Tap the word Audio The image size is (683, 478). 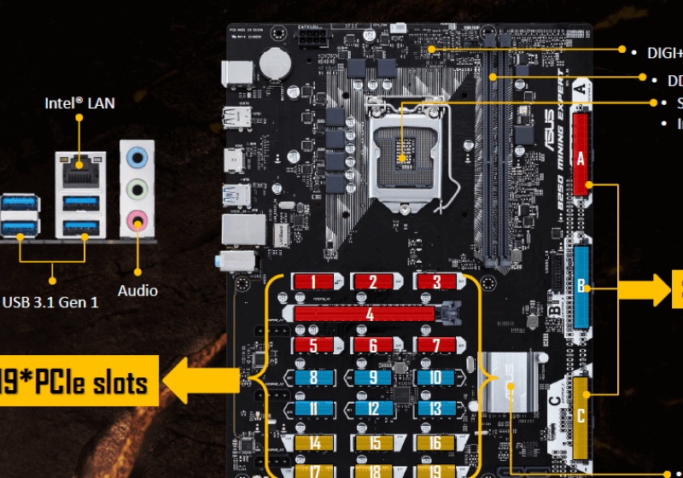click(137, 290)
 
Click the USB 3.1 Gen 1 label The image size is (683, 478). click(50, 301)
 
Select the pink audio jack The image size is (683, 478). click(137, 222)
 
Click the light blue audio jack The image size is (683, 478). click(137, 158)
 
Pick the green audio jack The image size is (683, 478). click(137, 189)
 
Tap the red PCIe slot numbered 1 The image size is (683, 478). click(314, 282)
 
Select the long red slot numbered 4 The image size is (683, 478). click(370, 314)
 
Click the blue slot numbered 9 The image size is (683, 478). click(373, 376)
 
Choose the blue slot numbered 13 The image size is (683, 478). click(435, 408)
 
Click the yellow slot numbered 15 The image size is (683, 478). click(373, 442)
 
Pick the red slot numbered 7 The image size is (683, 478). click(435, 346)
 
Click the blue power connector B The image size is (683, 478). click(581, 286)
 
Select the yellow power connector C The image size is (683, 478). click(581, 417)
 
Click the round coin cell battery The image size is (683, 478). click(275, 61)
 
